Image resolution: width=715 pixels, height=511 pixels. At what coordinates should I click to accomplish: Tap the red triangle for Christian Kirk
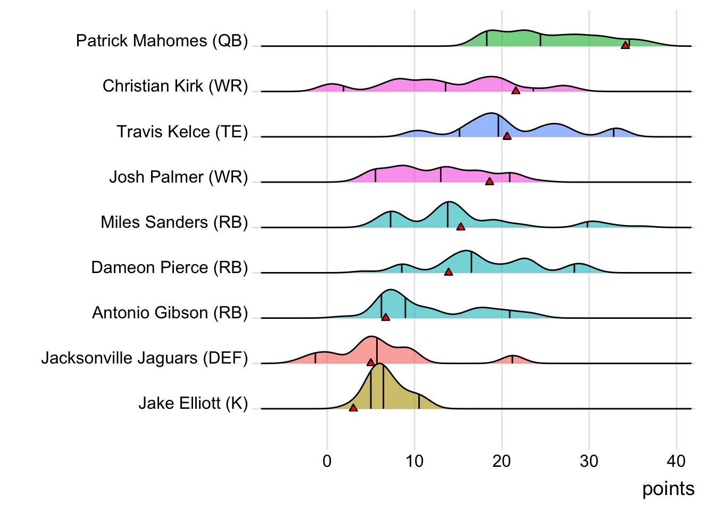pos(516,91)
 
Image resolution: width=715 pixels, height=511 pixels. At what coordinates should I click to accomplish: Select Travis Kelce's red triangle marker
pos(507,136)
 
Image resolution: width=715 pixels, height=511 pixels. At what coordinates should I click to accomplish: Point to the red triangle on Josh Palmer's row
pos(489,182)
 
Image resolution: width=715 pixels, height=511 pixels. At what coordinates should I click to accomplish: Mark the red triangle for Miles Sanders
pos(461,227)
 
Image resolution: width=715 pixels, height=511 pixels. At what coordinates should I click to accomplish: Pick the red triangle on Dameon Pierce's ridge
pos(448,272)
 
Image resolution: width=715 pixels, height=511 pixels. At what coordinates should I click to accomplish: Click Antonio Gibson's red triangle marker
pos(386,317)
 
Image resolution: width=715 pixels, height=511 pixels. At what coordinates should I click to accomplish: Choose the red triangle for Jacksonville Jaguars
pos(371,362)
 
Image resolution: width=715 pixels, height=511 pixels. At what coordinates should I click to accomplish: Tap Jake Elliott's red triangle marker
pos(353,408)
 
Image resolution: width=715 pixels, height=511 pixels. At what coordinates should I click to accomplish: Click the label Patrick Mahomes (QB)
pos(162,41)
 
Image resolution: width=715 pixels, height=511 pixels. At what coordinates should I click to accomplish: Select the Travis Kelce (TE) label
pos(182,131)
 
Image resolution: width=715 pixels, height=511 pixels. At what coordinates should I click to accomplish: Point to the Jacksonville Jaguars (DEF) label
pos(145,358)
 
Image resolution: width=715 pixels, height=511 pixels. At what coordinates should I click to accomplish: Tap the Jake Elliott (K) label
pos(193,403)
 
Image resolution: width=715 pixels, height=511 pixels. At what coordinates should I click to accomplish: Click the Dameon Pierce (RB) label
pos(169,267)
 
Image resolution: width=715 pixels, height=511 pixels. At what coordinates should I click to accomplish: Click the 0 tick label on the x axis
pos(327,461)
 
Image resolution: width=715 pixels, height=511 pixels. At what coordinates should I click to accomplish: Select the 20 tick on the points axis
pos(501,461)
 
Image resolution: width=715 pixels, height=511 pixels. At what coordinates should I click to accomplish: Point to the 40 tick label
pos(676,461)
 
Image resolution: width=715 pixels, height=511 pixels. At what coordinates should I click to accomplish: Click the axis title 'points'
pos(668,489)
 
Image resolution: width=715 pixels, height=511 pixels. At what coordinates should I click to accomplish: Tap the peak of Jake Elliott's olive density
pos(377,365)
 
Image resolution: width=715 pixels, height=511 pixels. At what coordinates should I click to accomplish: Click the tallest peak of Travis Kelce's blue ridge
pos(493,114)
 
